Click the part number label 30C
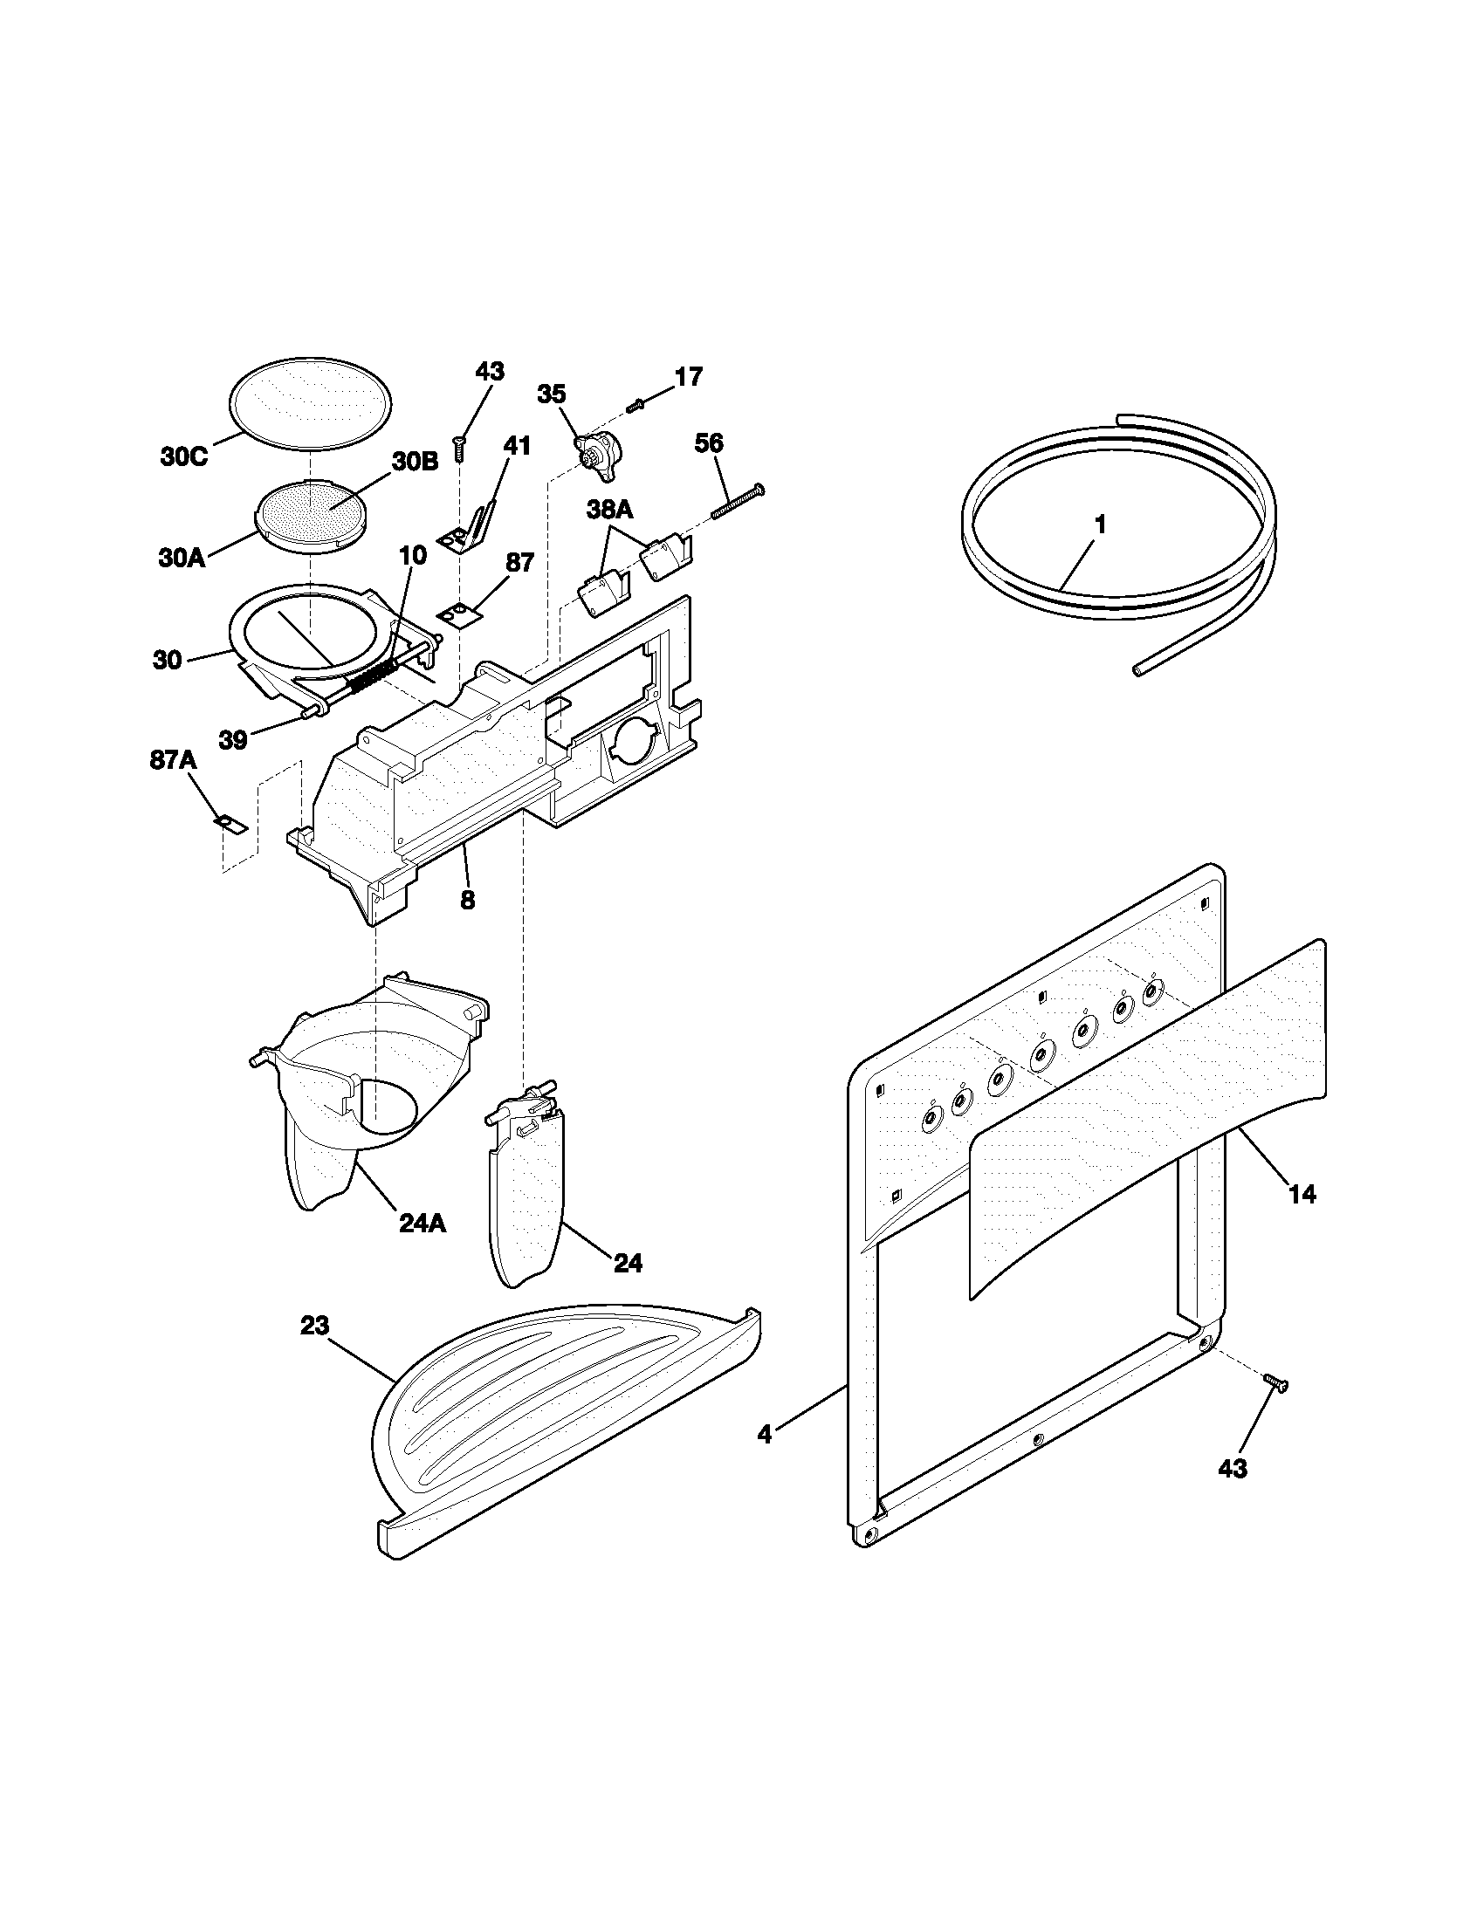[x=183, y=457]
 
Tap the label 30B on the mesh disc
[x=414, y=462]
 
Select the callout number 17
[x=689, y=377]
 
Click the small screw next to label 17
[x=636, y=404]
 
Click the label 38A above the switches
[x=611, y=509]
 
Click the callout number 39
[x=233, y=740]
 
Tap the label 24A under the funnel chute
[x=422, y=1223]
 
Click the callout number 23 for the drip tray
[x=315, y=1325]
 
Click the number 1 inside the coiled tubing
[x=1099, y=525]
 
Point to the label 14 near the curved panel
[x=1302, y=1194]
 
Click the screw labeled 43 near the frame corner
[x=1274, y=1384]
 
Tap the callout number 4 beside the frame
[x=765, y=1435]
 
